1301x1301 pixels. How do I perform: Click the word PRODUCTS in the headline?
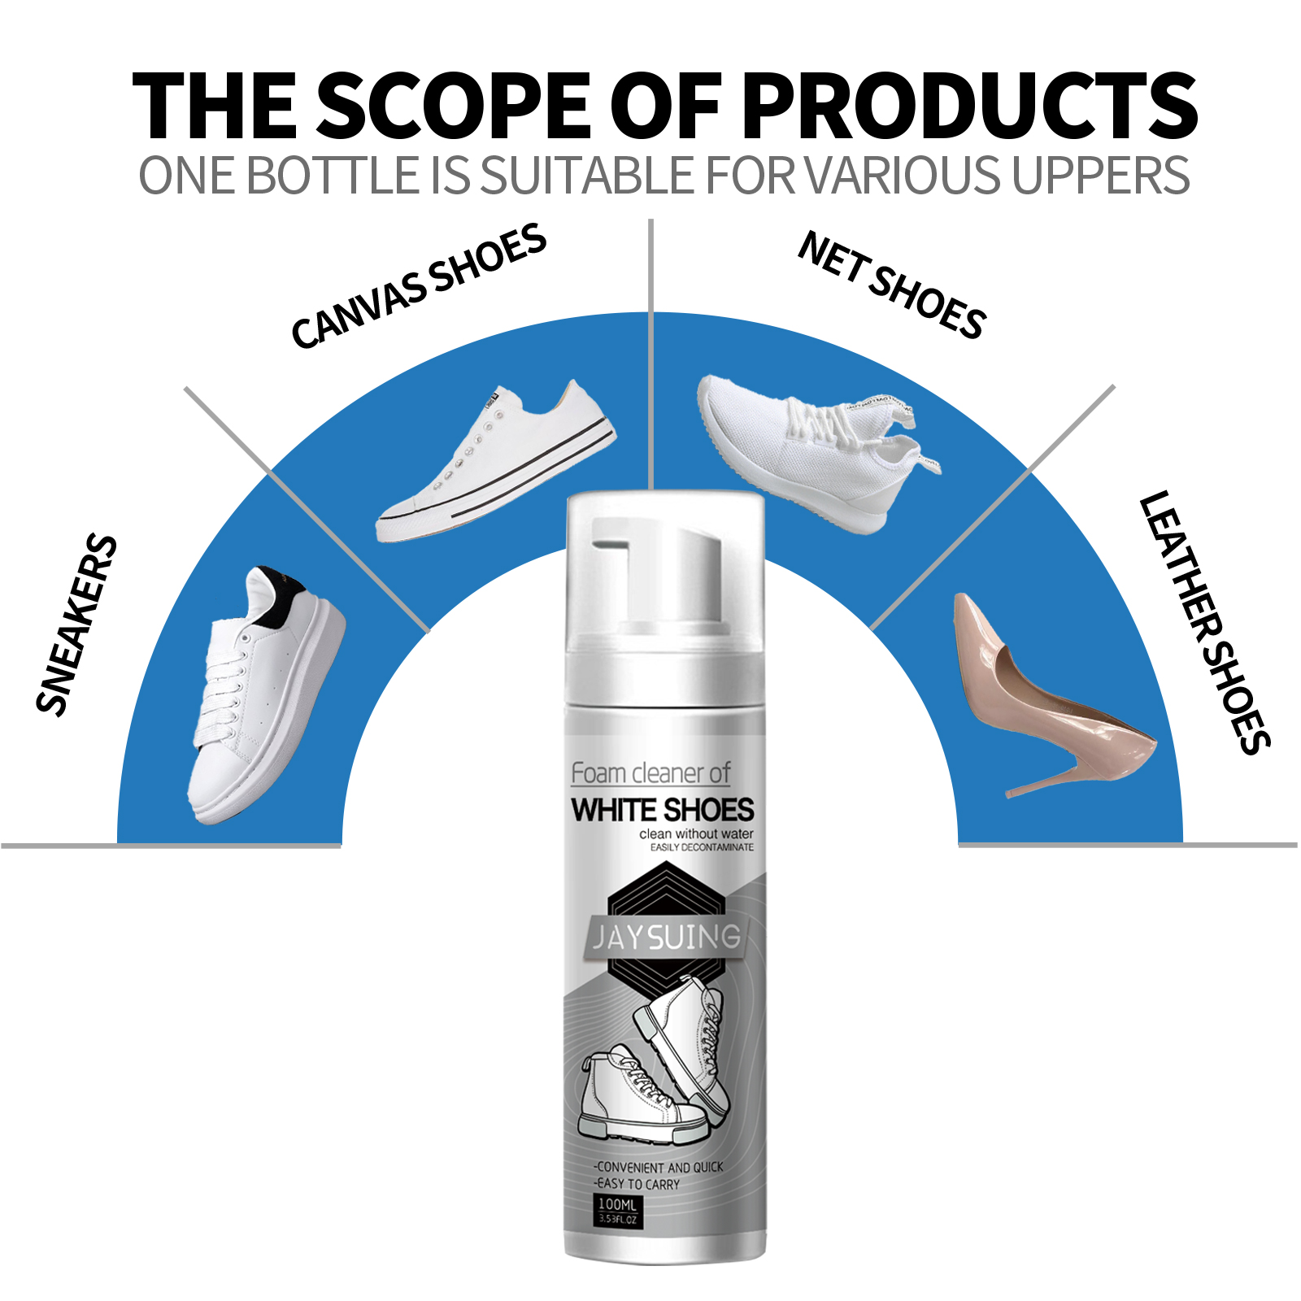(x=969, y=106)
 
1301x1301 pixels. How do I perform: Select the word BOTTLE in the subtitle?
(x=333, y=176)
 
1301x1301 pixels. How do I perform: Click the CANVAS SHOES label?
(x=419, y=285)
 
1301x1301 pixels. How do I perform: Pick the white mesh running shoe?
(x=813, y=447)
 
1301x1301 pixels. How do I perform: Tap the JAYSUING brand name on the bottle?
(x=665, y=938)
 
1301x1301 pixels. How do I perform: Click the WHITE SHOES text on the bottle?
(x=663, y=810)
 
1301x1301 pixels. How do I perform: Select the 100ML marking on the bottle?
(x=617, y=1204)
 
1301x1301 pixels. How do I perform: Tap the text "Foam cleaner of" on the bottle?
(x=650, y=772)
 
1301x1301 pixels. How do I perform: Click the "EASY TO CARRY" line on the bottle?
(x=637, y=1185)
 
